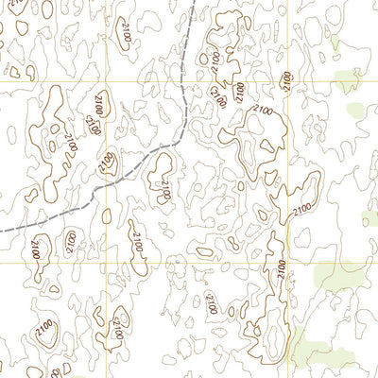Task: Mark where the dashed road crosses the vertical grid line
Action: click(x=106, y=177)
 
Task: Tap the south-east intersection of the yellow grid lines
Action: click(x=287, y=263)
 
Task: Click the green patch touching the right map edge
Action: click(x=369, y=218)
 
